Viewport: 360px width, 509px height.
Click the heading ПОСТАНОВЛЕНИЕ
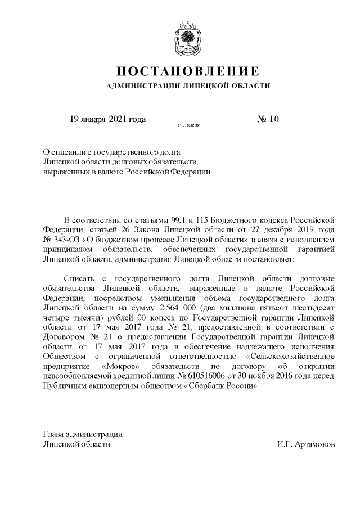click(187, 71)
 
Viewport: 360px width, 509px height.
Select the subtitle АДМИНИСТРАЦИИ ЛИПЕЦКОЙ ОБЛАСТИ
click(188, 86)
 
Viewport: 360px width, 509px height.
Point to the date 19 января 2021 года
click(107, 119)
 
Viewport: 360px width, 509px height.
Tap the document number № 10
click(268, 119)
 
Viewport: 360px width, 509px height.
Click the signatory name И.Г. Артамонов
click(306, 444)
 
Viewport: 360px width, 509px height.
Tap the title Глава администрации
click(83, 434)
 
